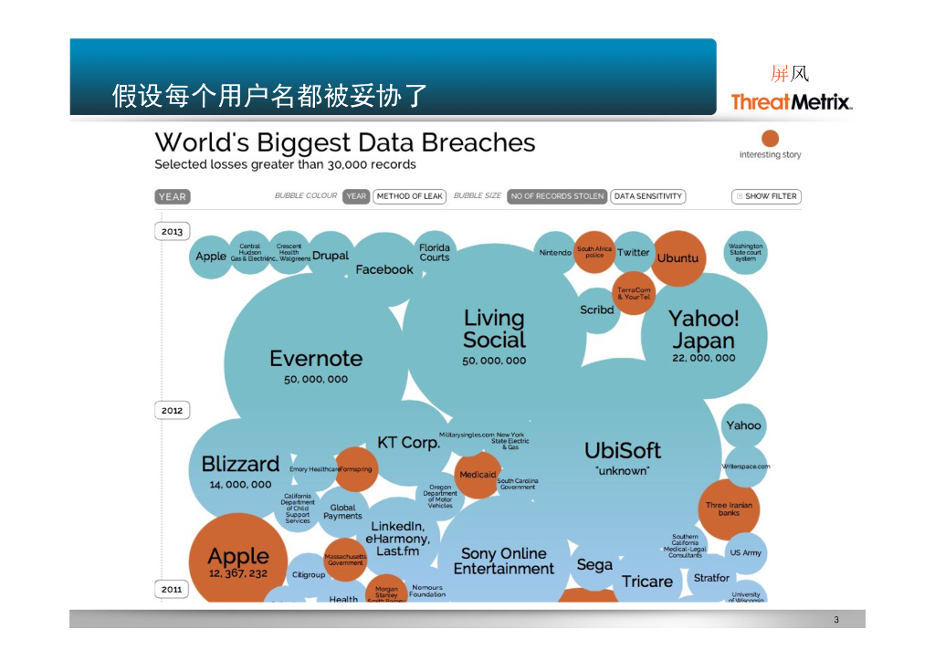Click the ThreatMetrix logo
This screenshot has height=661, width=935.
[x=791, y=101]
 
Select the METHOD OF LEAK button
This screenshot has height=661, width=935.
[x=408, y=196]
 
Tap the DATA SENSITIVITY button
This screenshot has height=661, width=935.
[x=648, y=196]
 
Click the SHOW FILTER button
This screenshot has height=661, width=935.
[x=766, y=196]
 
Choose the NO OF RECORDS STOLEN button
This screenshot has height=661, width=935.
[x=557, y=196]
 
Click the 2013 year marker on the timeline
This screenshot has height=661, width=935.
[x=173, y=232]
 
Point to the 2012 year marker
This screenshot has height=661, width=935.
[x=173, y=411]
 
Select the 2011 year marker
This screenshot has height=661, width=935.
[x=173, y=590]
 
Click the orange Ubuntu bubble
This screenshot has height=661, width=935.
[x=678, y=258]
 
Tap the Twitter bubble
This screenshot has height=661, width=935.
[x=633, y=253]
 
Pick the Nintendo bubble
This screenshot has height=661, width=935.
[x=555, y=252]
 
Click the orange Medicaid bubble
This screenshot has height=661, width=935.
[x=478, y=476]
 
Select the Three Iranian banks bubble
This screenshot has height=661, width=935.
[x=729, y=509]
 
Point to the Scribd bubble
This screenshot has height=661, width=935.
[x=597, y=310]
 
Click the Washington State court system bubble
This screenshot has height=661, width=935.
[x=746, y=252]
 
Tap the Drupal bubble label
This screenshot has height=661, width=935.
[x=330, y=256]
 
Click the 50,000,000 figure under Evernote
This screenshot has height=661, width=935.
[x=316, y=379]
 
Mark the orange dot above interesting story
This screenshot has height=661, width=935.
[x=771, y=139]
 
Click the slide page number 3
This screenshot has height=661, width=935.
[x=835, y=621]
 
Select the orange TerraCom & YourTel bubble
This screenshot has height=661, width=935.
[x=634, y=294]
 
